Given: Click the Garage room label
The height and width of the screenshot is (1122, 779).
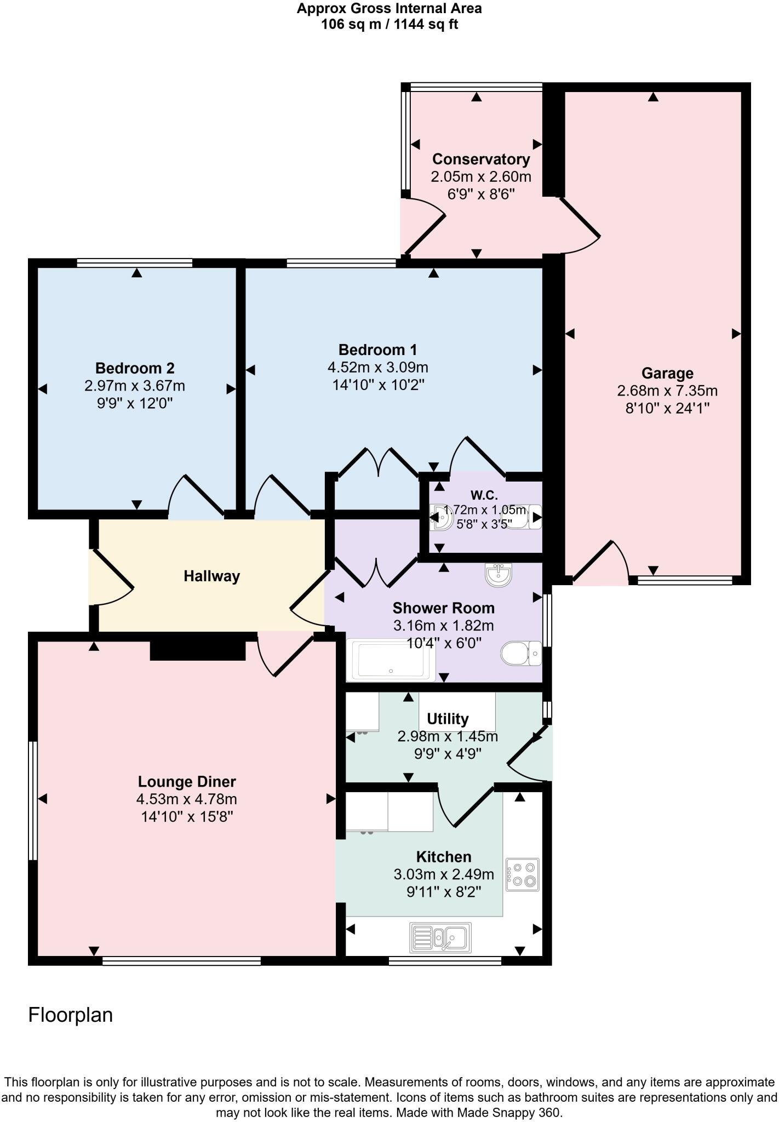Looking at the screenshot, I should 667,373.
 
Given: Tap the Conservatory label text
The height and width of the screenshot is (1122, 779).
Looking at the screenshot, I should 481,159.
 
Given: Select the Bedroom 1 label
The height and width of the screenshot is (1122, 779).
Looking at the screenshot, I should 377,350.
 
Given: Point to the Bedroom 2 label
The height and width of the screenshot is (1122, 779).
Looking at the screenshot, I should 135,368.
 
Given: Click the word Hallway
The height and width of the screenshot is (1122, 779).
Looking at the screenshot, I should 212,576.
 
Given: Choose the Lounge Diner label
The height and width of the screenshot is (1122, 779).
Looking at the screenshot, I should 187,782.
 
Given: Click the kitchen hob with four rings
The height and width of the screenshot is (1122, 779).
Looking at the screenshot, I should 522,874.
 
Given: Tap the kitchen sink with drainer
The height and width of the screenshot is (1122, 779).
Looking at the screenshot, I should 440,937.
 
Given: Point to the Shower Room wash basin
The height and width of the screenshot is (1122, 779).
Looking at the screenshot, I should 498,575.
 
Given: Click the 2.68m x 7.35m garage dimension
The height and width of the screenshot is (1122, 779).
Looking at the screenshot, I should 667,391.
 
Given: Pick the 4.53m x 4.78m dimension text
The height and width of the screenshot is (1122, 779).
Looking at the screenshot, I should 187,799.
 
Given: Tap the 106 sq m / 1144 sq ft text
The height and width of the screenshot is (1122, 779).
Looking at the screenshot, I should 390,24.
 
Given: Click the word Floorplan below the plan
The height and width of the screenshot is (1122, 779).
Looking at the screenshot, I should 71,1015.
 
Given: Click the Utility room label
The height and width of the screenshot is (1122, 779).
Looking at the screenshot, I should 448,719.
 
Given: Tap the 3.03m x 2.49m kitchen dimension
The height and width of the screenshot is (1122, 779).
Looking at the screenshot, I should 444,874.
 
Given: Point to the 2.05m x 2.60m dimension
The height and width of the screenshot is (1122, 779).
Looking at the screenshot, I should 481,177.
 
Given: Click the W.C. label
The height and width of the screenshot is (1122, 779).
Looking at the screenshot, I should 484,495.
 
